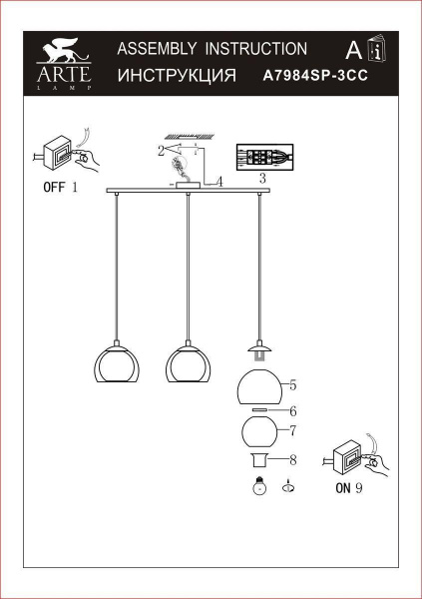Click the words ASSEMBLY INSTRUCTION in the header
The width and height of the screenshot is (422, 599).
[211, 48]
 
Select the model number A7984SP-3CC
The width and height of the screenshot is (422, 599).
[309, 75]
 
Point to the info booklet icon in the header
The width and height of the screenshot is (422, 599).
[375, 50]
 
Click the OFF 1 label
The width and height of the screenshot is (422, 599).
[60, 187]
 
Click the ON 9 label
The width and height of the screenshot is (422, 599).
[344, 489]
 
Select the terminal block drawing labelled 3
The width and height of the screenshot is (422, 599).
[263, 158]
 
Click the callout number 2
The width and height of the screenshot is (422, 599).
[160, 151]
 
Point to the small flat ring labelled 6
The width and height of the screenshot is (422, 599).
[258, 409]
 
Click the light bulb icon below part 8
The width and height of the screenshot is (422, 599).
[259, 487]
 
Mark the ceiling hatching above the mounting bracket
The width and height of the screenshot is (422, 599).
[190, 136]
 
